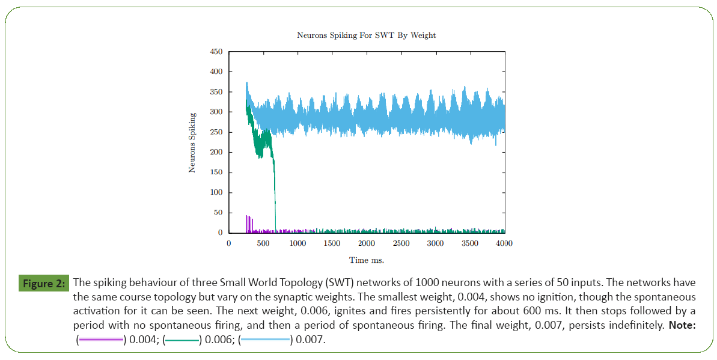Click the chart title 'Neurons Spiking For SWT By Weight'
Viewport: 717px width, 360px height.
click(366, 35)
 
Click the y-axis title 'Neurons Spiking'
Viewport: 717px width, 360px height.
click(192, 142)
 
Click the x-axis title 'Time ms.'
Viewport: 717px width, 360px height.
click(366, 260)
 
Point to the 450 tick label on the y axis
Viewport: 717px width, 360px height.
click(215, 52)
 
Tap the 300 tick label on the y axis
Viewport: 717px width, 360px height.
click(215, 112)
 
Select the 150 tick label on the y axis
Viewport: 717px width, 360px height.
click(215, 172)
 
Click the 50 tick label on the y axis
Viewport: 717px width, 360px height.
click(218, 213)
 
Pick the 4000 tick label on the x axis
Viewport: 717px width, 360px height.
click(504, 243)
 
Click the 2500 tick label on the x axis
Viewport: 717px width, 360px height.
click(401, 243)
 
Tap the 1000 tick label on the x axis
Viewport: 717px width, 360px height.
click(297, 243)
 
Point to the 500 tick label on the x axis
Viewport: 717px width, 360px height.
click(263, 243)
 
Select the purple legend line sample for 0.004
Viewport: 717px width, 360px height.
click(100, 341)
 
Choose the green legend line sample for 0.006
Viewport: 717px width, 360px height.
click(182, 341)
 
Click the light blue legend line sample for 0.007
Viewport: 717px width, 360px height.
click(264, 341)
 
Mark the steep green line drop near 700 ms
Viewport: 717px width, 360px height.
click(275, 192)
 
